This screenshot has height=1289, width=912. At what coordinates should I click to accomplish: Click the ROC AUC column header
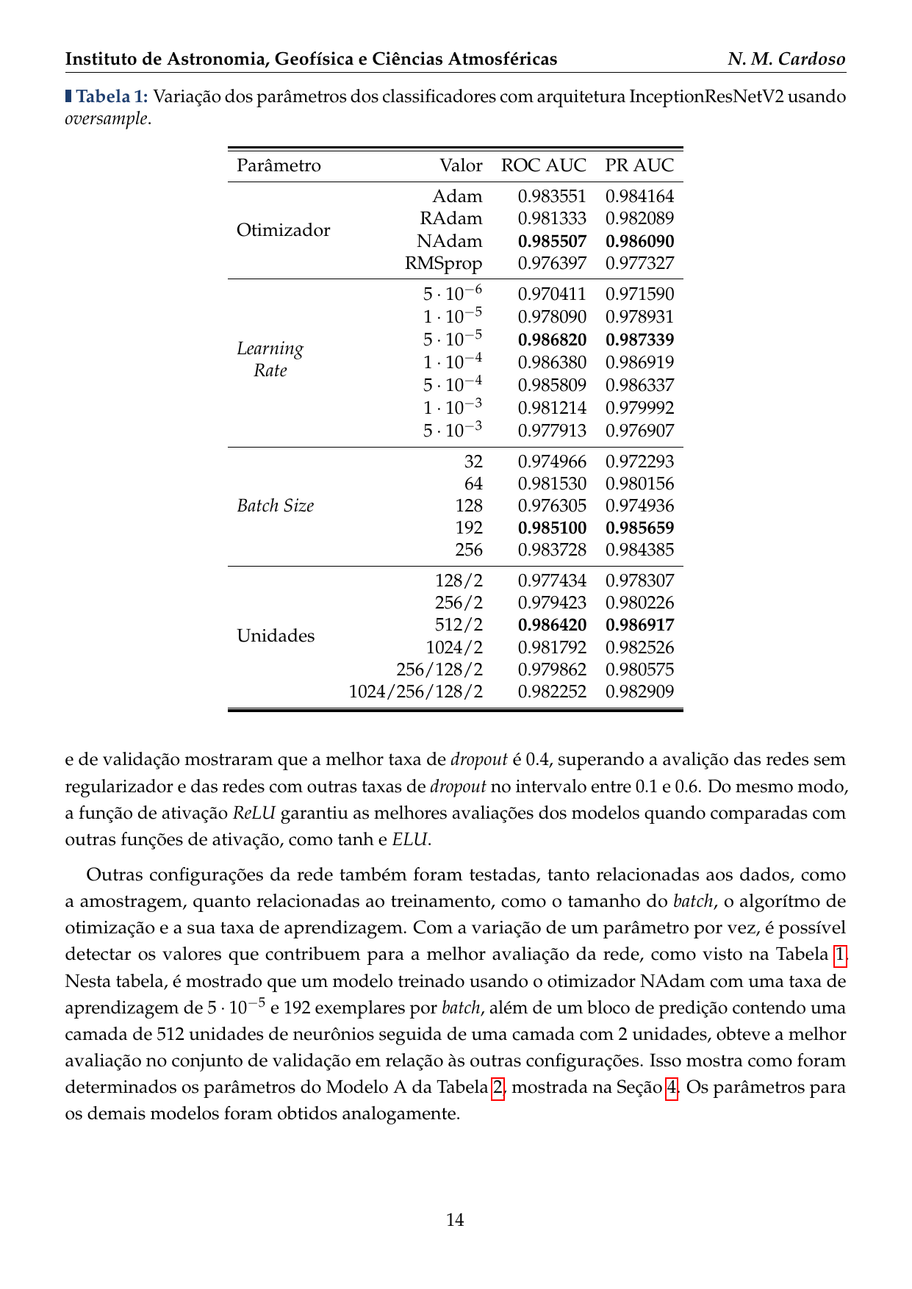coord(543,165)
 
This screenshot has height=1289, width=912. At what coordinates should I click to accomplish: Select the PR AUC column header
coord(639,165)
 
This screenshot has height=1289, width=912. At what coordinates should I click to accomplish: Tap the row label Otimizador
coord(283,230)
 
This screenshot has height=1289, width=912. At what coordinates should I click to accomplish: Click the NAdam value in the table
coord(449,241)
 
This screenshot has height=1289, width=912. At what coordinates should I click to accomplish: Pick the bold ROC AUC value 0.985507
coord(552,241)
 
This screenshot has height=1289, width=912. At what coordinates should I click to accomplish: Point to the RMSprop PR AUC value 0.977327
coord(639,263)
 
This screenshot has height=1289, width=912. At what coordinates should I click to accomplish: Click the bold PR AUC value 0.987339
coord(639,340)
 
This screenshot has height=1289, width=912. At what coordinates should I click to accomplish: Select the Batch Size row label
coord(275,506)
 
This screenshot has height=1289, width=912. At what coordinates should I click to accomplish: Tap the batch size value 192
coord(469,528)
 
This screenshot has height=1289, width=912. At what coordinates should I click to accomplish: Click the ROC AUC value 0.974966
coord(552,462)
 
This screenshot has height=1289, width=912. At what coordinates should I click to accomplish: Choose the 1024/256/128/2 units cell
coord(415,692)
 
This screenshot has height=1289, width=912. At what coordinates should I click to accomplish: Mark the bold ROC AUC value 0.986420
coord(552,625)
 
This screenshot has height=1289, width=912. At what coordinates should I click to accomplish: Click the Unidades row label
coord(276,636)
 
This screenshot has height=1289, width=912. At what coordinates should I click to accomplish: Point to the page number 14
coord(455,1220)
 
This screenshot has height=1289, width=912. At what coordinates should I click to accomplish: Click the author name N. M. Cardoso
coord(786,59)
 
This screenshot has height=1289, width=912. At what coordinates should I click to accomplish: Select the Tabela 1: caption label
coord(112,96)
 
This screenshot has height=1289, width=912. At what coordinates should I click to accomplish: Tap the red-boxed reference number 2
coord(498,1087)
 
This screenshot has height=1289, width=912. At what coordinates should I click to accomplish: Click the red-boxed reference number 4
coord(671,1087)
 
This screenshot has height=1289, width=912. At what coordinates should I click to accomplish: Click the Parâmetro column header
coord(279,165)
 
